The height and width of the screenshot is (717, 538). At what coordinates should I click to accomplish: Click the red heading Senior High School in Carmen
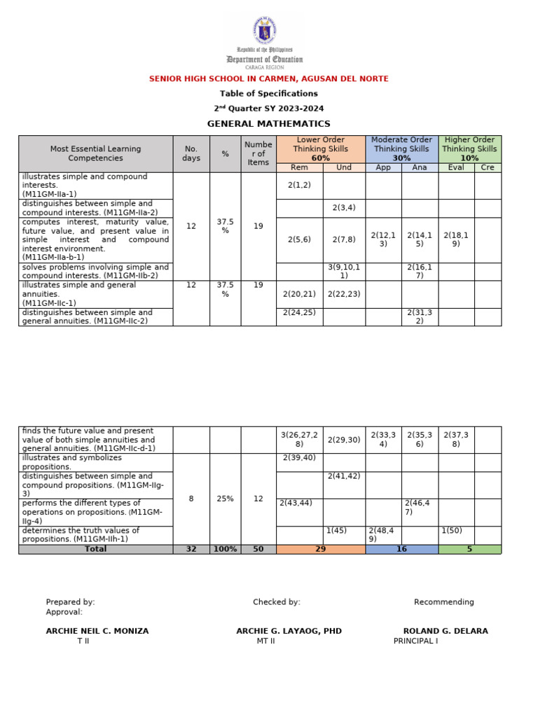tap(269, 78)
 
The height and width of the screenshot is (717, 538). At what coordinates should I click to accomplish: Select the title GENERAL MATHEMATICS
tap(269, 124)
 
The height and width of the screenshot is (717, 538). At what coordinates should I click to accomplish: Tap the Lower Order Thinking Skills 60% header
tap(320, 148)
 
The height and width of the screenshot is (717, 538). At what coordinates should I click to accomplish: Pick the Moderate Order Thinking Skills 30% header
tap(401, 148)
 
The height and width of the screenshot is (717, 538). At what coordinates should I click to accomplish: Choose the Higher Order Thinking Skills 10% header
tap(469, 148)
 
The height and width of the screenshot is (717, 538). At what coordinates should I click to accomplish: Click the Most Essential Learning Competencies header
tap(95, 153)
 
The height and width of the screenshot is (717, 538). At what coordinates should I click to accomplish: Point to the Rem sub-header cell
tap(299, 168)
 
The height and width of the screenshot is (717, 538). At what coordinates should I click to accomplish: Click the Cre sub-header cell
tap(487, 168)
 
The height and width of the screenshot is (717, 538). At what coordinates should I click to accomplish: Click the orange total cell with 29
tap(320, 550)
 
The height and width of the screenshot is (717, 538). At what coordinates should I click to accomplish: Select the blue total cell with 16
tap(401, 550)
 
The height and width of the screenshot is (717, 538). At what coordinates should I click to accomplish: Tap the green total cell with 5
tap(469, 550)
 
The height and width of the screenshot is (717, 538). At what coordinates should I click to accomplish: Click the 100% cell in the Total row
tap(225, 550)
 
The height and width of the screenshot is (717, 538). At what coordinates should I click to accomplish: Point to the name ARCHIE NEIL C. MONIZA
tap(97, 631)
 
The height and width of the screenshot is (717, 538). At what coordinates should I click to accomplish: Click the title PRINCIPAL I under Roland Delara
tap(415, 641)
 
